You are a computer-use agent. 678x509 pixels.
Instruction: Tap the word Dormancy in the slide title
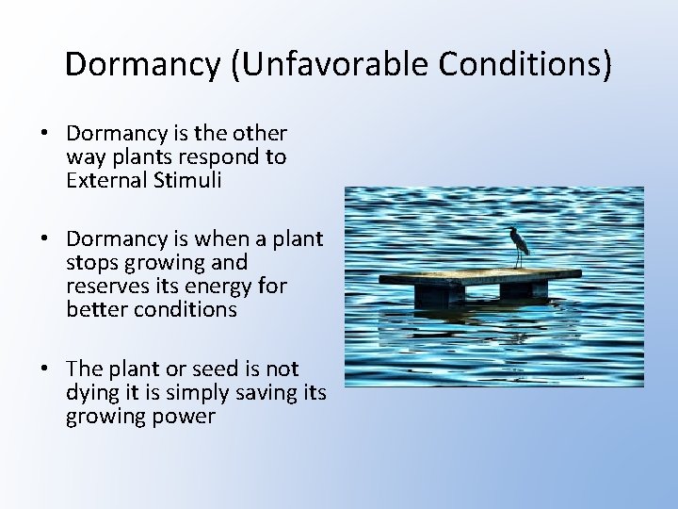(x=139, y=63)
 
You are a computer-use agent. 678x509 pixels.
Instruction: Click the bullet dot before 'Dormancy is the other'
(x=46, y=134)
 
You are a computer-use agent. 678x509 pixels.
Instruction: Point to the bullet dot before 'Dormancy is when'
(x=46, y=239)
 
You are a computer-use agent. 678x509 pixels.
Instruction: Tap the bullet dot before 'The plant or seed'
(x=46, y=369)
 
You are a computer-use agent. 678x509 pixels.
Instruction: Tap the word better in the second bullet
(x=94, y=309)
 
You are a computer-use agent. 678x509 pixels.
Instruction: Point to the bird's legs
(x=518, y=259)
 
